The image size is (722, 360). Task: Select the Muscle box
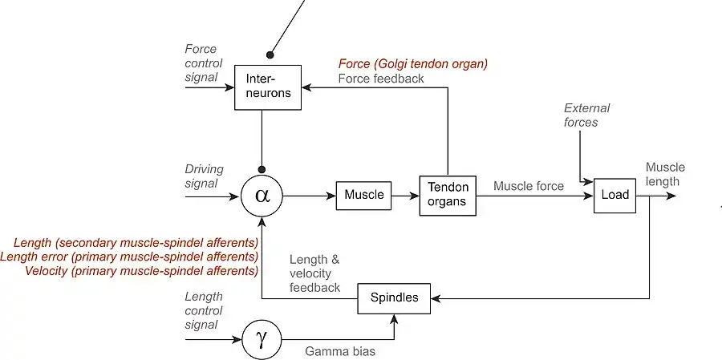click(363, 194)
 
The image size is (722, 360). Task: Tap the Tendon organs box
click(448, 194)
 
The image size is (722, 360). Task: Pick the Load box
click(615, 194)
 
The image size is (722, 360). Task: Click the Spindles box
click(394, 297)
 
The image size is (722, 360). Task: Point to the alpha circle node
click(262, 195)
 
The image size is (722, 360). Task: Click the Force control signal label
click(201, 63)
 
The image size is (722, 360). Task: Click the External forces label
click(586, 115)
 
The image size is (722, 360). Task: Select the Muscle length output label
click(665, 174)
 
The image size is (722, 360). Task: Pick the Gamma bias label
click(339, 351)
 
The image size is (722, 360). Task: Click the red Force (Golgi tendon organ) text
click(413, 63)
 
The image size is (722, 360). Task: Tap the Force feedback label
click(381, 79)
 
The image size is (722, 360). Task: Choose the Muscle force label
click(528, 186)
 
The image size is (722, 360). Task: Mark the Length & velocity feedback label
click(314, 273)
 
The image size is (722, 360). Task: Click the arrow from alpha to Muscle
click(309, 195)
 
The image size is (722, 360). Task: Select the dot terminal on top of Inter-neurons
click(270, 55)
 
